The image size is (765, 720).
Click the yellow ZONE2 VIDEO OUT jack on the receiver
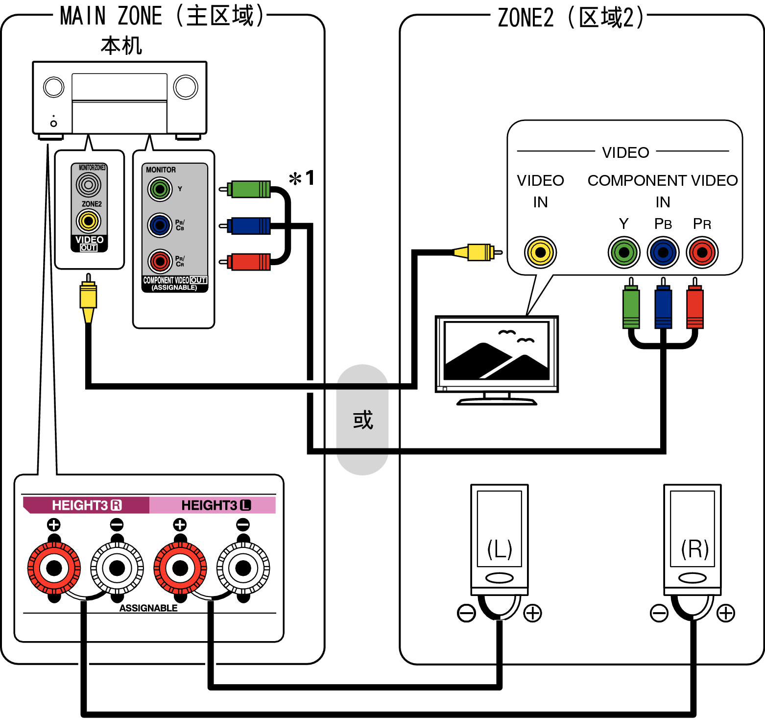click(89, 221)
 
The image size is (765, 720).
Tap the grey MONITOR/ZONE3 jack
click(89, 185)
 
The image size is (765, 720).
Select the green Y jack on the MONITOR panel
click(160, 189)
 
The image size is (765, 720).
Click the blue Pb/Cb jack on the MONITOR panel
click(160, 225)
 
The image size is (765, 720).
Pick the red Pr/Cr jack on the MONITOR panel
click(160, 261)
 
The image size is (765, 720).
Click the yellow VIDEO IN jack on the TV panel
click(540, 252)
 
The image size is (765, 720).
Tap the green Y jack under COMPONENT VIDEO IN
click(624, 252)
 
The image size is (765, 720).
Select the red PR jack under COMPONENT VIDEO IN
click(702, 252)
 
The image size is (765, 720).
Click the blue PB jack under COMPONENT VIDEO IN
click(663, 252)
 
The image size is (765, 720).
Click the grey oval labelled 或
click(362, 420)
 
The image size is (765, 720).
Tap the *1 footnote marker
click(302, 178)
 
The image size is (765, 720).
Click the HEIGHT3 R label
click(86, 505)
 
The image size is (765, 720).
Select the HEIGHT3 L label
click(215, 505)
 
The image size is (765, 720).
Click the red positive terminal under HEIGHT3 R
click(54, 568)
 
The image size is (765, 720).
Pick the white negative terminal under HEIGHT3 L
click(243, 568)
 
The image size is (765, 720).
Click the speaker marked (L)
click(499, 539)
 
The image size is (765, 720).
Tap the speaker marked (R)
click(693, 539)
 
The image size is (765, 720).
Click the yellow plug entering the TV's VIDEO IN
click(477, 252)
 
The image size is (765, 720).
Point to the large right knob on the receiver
click(186, 87)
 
